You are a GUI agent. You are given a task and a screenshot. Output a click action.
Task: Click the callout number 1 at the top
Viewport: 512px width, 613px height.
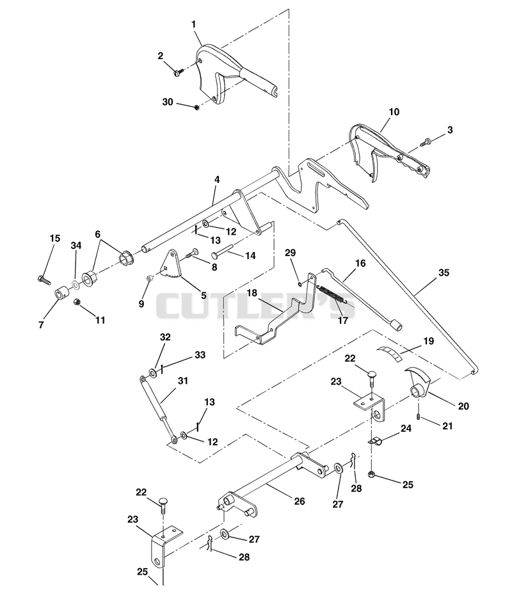[193, 24]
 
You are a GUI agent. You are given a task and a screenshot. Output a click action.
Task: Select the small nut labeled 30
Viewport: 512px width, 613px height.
[197, 107]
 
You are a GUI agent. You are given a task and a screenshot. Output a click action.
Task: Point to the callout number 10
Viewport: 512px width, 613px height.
[394, 112]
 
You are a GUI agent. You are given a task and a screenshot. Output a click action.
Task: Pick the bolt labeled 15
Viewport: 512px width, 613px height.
[44, 280]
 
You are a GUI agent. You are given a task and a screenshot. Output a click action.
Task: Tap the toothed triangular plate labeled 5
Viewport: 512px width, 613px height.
[171, 265]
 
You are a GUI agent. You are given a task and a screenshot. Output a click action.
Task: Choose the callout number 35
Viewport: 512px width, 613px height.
[444, 273]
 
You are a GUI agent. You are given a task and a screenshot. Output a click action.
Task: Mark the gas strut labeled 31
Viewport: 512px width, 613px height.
[157, 411]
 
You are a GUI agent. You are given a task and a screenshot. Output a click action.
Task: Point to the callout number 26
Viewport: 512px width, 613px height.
[300, 501]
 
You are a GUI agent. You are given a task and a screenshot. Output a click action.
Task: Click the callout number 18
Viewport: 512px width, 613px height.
[252, 293]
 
